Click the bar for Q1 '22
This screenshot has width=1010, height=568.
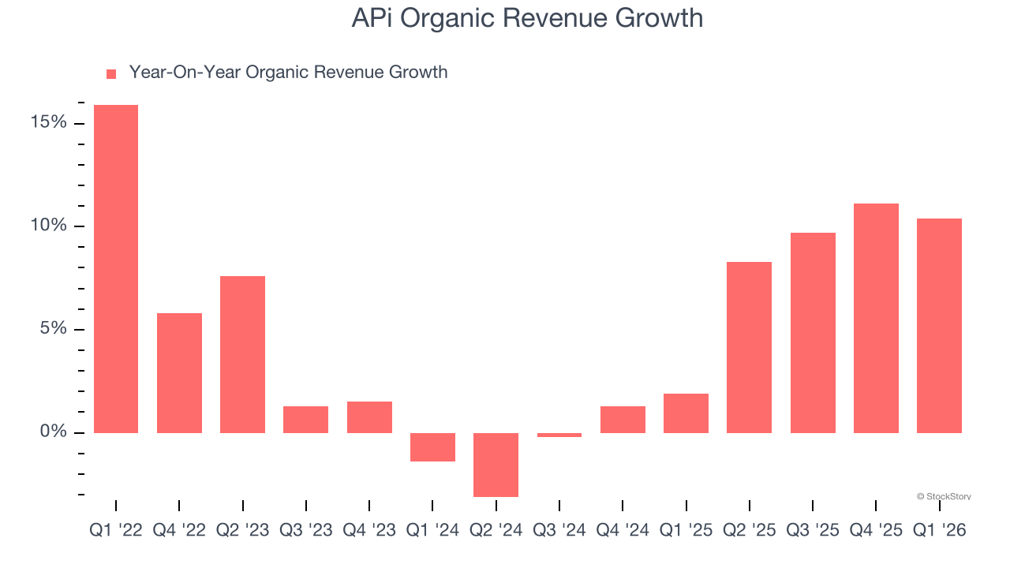coord(116,268)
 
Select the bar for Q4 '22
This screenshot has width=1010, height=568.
coord(179,372)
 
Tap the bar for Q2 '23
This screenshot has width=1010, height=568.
coord(242,354)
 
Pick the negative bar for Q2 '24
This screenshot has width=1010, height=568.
coord(496,465)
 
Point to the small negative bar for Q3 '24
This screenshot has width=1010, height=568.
coord(559,435)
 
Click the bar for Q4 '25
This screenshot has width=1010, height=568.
coord(876,318)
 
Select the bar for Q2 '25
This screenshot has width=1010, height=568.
coord(749,347)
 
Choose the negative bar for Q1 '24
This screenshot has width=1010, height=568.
coord(432,447)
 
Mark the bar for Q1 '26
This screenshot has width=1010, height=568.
coord(939,325)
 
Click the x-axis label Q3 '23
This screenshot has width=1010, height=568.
coord(306,530)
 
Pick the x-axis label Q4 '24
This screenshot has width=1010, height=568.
coord(623,530)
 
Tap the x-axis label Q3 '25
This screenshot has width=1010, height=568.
coord(813,530)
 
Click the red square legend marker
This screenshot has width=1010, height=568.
coord(111,73)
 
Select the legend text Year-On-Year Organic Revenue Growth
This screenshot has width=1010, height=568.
coord(288,73)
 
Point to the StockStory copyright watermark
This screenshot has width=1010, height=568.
coord(944,496)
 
